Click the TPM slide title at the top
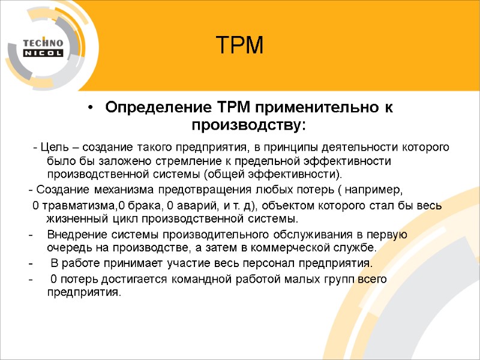coord(239,45)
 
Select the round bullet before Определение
coord(90,107)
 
